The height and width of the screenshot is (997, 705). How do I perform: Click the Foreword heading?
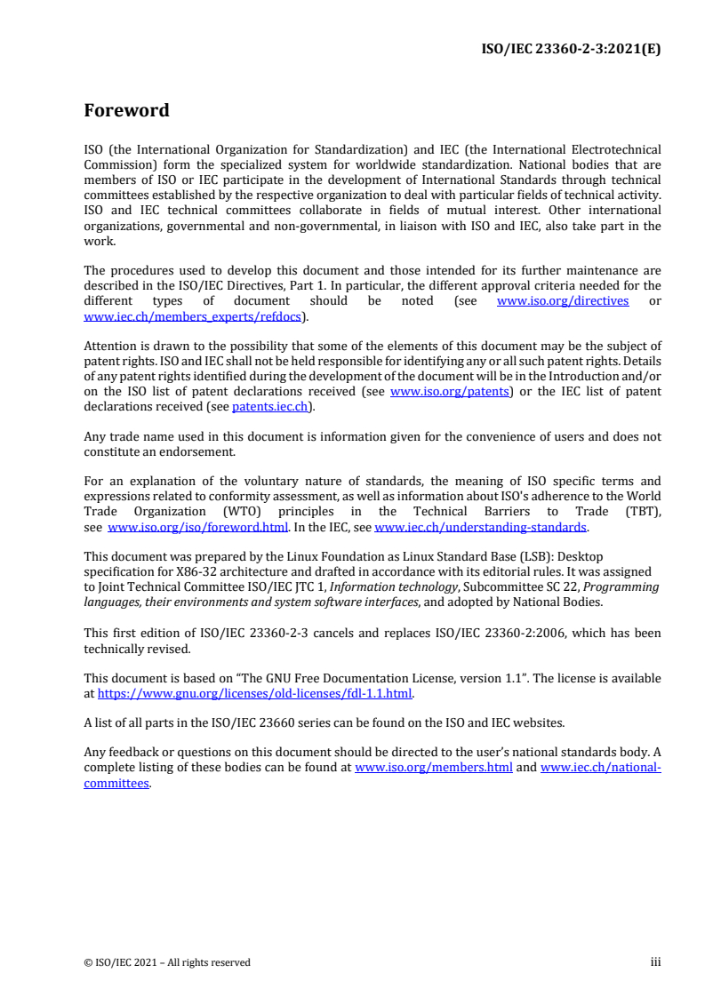click(x=126, y=111)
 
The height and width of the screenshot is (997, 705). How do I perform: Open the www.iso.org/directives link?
click(x=562, y=301)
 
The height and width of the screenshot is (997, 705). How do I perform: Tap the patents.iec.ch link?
click(x=271, y=407)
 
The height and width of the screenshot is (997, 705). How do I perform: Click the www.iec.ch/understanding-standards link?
click(x=480, y=527)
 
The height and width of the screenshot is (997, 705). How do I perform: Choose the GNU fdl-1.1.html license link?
click(x=255, y=693)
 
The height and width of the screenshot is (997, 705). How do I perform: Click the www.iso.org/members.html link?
click(x=433, y=768)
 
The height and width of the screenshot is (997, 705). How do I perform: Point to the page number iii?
click(x=655, y=962)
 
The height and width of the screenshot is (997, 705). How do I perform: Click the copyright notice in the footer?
click(x=167, y=962)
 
